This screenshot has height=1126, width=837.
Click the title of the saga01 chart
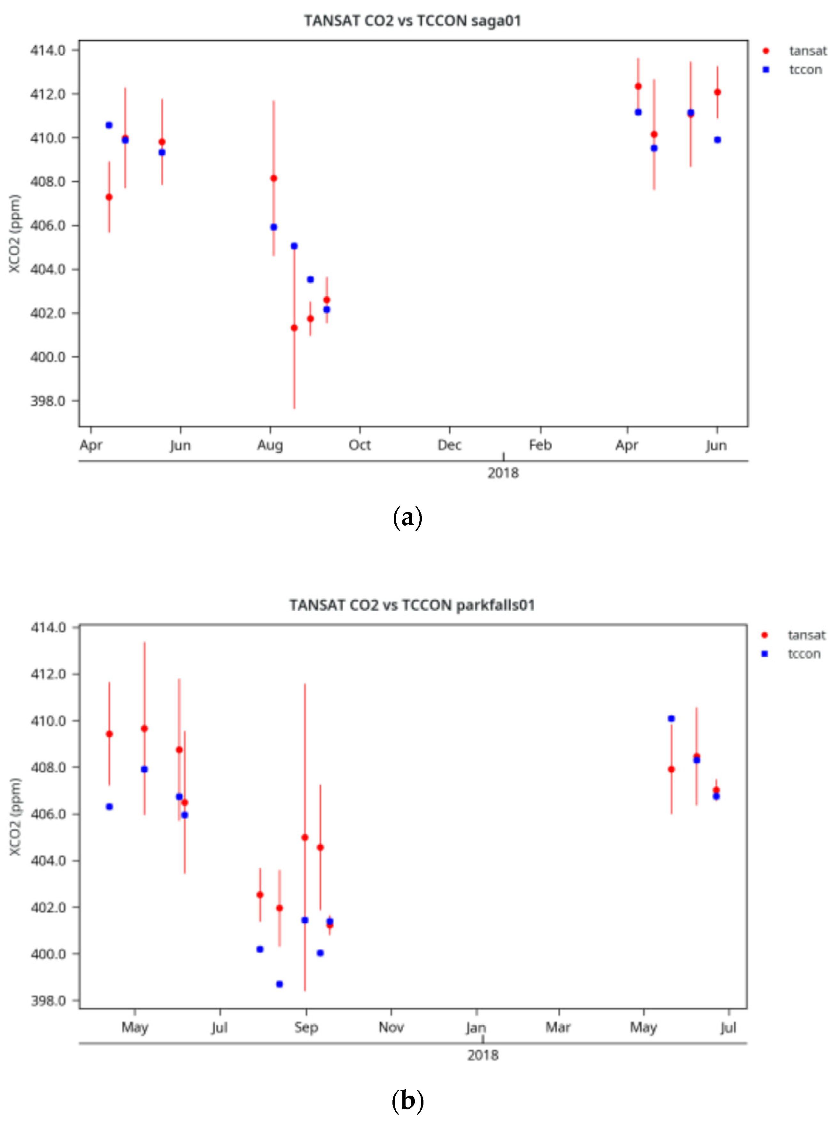click(x=412, y=21)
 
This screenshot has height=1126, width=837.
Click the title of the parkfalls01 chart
click(x=412, y=605)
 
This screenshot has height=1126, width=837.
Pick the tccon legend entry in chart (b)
click(x=804, y=654)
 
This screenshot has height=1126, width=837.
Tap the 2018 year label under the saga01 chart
click(x=503, y=473)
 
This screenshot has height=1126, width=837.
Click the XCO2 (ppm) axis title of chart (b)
click(x=15, y=817)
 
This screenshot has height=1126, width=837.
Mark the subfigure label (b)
click(x=407, y=1101)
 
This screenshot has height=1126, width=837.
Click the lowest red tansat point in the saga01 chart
click(x=294, y=328)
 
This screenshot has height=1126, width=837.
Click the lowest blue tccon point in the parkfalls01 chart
click(x=279, y=984)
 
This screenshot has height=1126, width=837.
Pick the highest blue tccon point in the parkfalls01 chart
click(x=671, y=719)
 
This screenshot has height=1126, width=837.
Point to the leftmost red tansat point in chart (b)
click(x=109, y=734)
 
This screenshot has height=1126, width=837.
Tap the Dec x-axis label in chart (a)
click(x=449, y=445)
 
